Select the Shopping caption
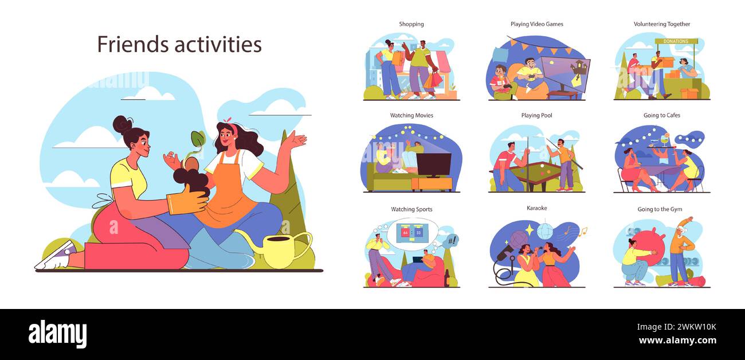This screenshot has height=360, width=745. tap(411, 24)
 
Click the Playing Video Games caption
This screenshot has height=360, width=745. tap(536, 24)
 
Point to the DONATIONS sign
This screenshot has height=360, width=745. tap(676, 41)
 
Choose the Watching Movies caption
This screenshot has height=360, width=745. tap(411, 115)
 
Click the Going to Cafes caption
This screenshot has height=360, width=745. tap(661, 115)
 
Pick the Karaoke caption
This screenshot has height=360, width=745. tap(536, 208)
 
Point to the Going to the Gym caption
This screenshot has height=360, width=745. tap(660, 209)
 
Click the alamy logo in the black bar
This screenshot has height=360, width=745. tap(57, 334)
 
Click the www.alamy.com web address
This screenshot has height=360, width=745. tap(677, 341)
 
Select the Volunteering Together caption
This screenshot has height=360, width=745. tap(661, 24)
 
